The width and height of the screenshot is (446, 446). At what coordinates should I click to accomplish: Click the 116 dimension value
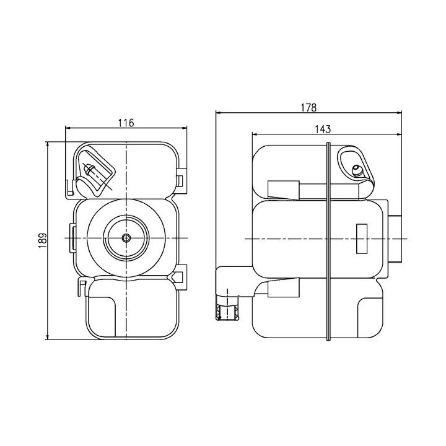126,123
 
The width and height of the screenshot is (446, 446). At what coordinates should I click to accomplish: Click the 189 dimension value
42,240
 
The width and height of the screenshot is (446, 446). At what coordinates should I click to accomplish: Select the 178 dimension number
308,108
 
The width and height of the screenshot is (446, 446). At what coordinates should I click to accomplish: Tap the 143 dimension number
323,129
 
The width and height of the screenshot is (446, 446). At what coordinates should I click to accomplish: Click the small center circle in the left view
126,238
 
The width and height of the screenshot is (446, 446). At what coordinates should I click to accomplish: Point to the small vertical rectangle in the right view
362,238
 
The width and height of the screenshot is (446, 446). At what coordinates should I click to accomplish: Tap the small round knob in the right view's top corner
357,170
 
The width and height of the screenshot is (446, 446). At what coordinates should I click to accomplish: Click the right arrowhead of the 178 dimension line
398,113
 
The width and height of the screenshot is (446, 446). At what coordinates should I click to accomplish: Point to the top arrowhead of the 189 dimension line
48,145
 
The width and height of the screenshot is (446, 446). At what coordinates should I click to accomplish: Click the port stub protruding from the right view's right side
395,239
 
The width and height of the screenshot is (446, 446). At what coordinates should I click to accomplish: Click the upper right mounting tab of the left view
181,181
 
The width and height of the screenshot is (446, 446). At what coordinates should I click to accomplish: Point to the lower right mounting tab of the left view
181,277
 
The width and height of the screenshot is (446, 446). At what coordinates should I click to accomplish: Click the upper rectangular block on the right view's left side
284,190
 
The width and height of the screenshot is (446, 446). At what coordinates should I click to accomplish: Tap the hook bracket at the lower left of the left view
82,288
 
